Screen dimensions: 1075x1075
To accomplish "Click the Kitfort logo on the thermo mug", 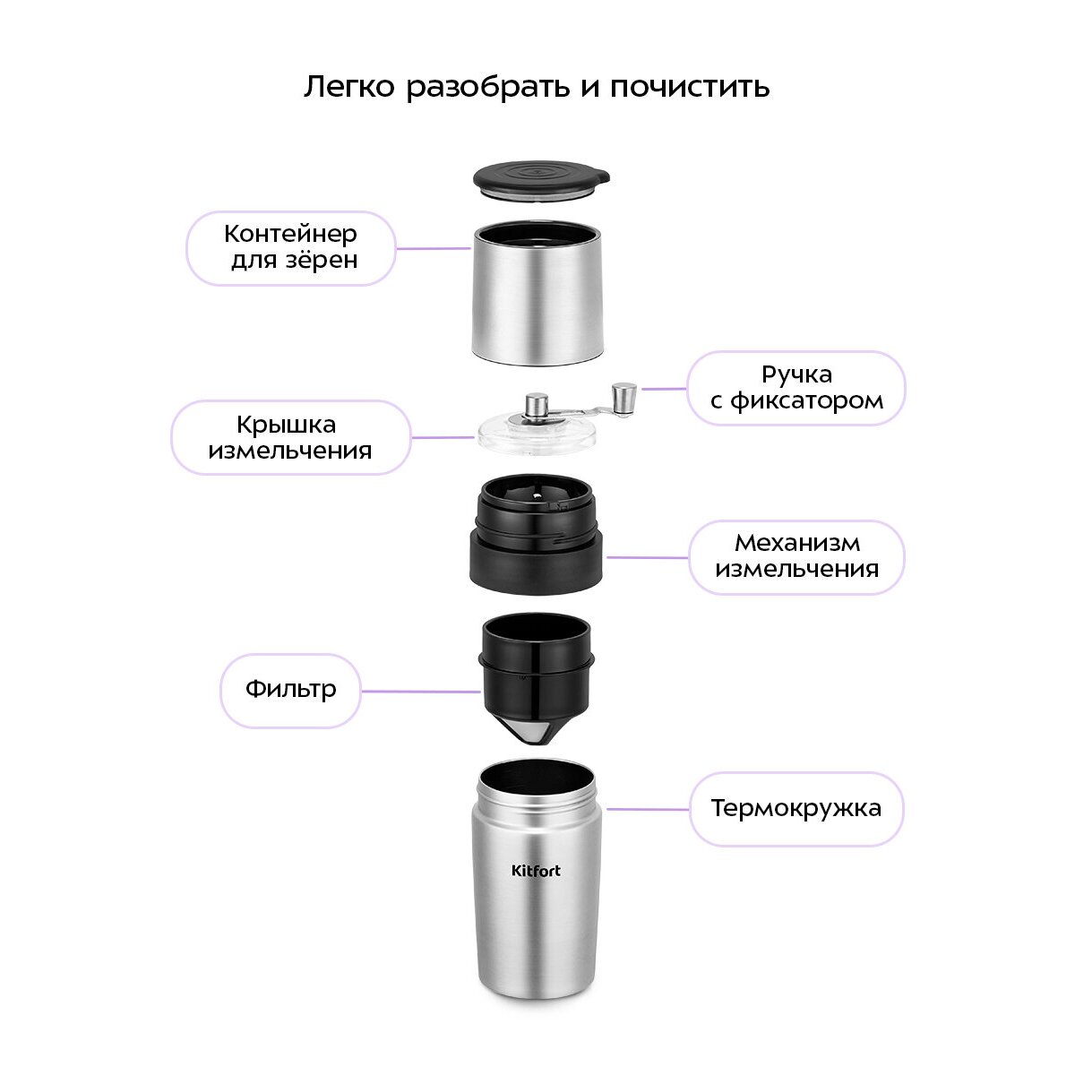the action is (x=536, y=871).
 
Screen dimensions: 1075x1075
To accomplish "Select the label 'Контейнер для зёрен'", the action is (x=290, y=247).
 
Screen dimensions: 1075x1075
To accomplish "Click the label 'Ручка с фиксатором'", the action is (x=796, y=388).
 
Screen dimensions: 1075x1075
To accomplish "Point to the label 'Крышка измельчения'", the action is (x=290, y=437).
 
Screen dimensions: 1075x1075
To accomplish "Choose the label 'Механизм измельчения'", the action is (x=796, y=556).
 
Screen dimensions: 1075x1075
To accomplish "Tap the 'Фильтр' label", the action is (x=290, y=690).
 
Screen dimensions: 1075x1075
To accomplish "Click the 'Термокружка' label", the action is (x=796, y=808).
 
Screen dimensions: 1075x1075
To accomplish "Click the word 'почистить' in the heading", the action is (x=690, y=88).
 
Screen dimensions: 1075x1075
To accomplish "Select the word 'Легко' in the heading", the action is (x=349, y=87).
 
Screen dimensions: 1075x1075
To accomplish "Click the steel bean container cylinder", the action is (x=537, y=293).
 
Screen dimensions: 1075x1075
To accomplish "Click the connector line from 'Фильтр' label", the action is (x=421, y=692).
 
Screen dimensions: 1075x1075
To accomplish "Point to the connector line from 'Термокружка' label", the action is (x=649, y=808).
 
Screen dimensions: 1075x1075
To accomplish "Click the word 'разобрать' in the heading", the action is (x=487, y=88).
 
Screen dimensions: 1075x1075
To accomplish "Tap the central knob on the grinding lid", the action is (x=537, y=404).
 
